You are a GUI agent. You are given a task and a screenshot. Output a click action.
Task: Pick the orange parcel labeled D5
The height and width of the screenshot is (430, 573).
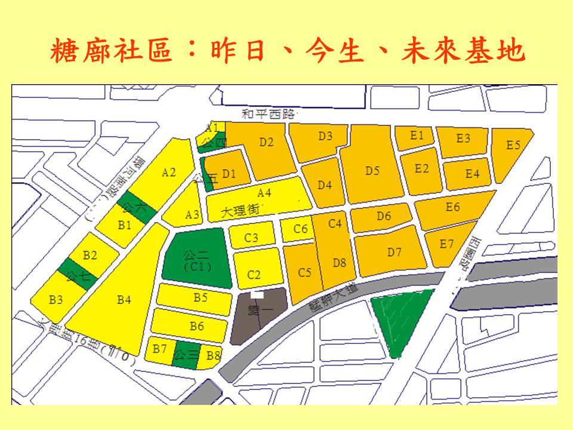click(372, 171)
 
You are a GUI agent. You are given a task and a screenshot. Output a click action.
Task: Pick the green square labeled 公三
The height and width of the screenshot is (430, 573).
click(185, 355)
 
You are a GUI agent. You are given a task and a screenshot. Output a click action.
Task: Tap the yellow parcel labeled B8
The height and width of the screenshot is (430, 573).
click(212, 356)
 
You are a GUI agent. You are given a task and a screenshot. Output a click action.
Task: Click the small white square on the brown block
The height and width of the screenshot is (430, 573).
click(257, 293)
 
